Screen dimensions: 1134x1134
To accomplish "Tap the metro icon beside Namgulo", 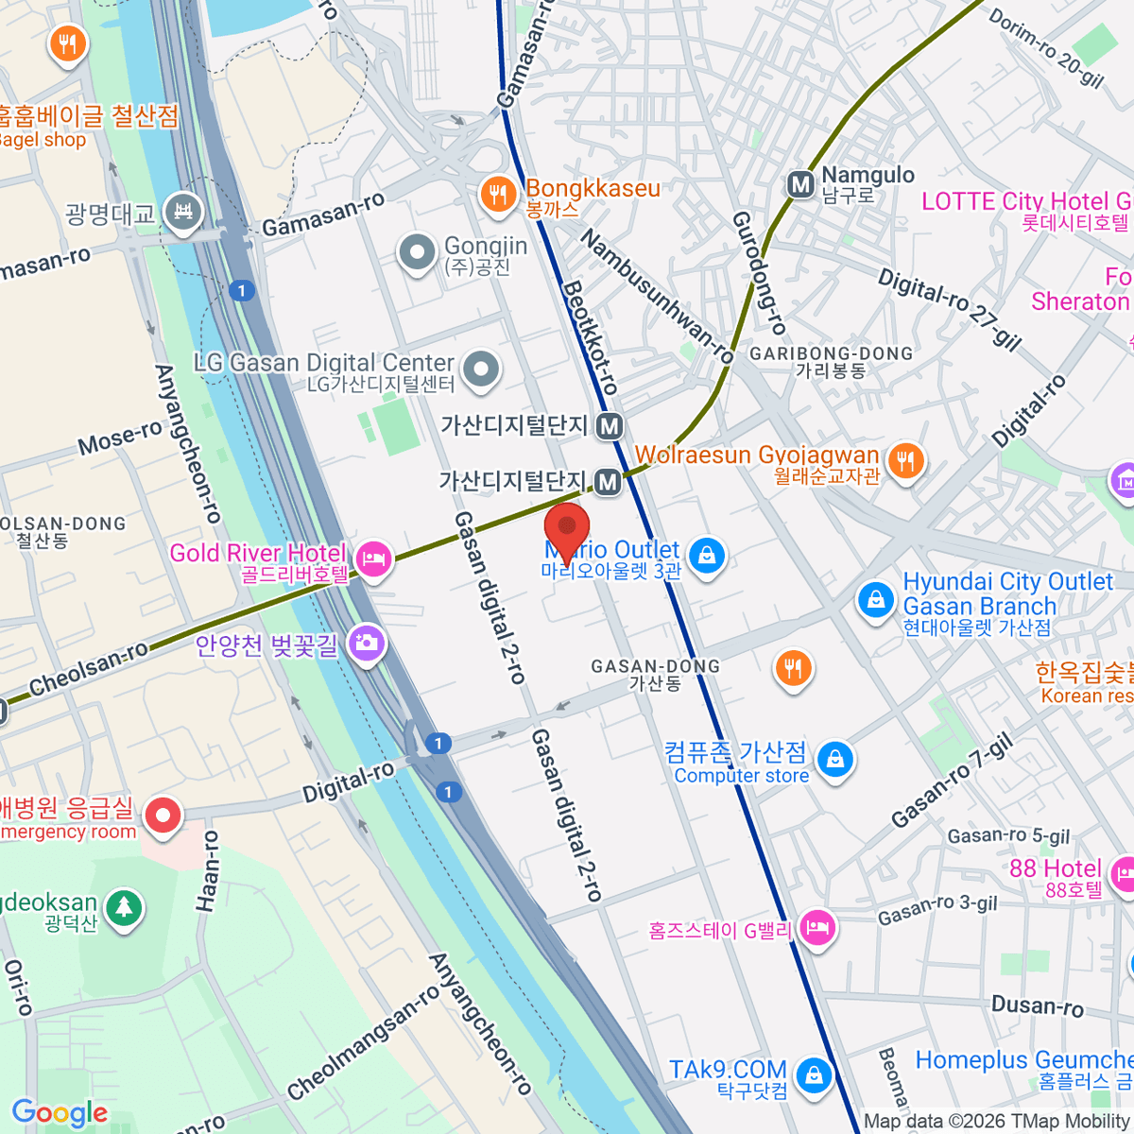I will pyautogui.click(x=801, y=184).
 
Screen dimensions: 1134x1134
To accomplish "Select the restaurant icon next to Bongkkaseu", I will pyautogui.click(x=497, y=194).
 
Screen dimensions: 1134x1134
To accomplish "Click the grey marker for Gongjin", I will pyautogui.click(x=417, y=252).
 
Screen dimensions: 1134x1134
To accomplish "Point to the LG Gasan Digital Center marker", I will pyautogui.click(x=481, y=369).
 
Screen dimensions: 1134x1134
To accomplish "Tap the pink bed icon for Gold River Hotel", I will pyautogui.click(x=374, y=558).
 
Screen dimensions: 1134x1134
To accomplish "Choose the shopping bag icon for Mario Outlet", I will pyautogui.click(x=706, y=555).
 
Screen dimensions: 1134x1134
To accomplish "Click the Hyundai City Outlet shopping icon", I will pyautogui.click(x=875, y=599).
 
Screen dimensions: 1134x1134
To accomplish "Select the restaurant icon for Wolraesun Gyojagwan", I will pyautogui.click(x=906, y=461).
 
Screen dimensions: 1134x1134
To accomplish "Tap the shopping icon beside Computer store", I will pyautogui.click(x=834, y=759).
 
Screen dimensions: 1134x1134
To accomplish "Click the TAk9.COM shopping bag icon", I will pyautogui.click(x=813, y=1074).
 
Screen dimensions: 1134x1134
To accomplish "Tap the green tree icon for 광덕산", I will pyautogui.click(x=124, y=908).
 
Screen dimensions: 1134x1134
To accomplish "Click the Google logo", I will pyautogui.click(x=60, y=1113).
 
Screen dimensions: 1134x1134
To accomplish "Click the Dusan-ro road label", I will pyautogui.click(x=1037, y=1005).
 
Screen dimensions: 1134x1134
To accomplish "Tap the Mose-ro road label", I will pyautogui.click(x=120, y=438).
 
